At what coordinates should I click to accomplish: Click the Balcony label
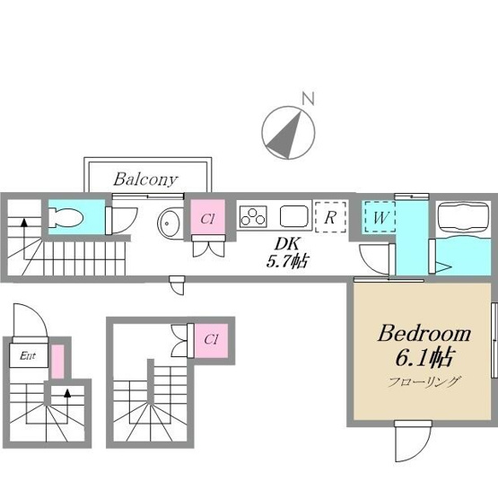click(x=145, y=179)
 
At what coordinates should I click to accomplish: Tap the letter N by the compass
click(x=308, y=99)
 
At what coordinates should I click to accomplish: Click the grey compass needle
click(x=286, y=135)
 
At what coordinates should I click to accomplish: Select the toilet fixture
click(x=66, y=218)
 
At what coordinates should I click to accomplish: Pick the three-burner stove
click(x=253, y=216)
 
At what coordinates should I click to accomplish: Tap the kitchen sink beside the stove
click(x=294, y=216)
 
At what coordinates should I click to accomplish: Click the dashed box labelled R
click(x=330, y=216)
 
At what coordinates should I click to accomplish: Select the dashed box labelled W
click(x=380, y=217)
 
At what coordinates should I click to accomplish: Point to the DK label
click(x=287, y=244)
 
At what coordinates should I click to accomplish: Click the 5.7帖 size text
click(x=287, y=261)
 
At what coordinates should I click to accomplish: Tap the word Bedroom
click(x=424, y=334)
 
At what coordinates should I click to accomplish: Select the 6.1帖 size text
click(x=424, y=358)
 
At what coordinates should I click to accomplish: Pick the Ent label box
click(x=29, y=355)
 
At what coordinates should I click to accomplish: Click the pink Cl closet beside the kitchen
click(x=207, y=217)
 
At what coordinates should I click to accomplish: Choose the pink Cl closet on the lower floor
click(x=211, y=340)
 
